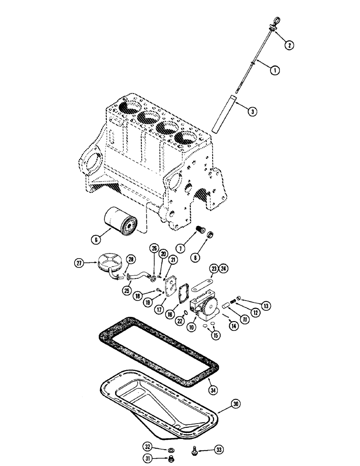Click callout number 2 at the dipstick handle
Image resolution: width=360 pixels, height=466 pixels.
[290, 45]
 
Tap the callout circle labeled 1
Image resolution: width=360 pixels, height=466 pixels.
[276, 71]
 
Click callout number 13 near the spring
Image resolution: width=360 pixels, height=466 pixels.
[266, 306]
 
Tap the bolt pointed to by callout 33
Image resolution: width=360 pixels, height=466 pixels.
[193, 450]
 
